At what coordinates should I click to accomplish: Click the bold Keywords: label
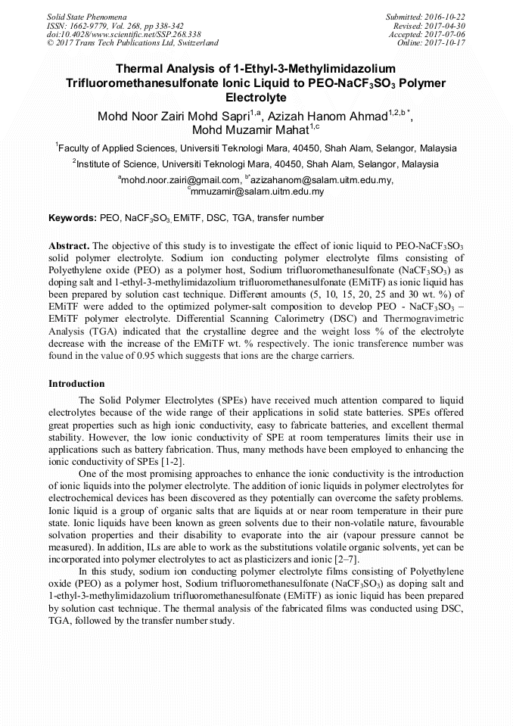73,218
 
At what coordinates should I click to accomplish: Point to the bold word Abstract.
69,247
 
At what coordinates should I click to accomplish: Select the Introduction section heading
76,384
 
